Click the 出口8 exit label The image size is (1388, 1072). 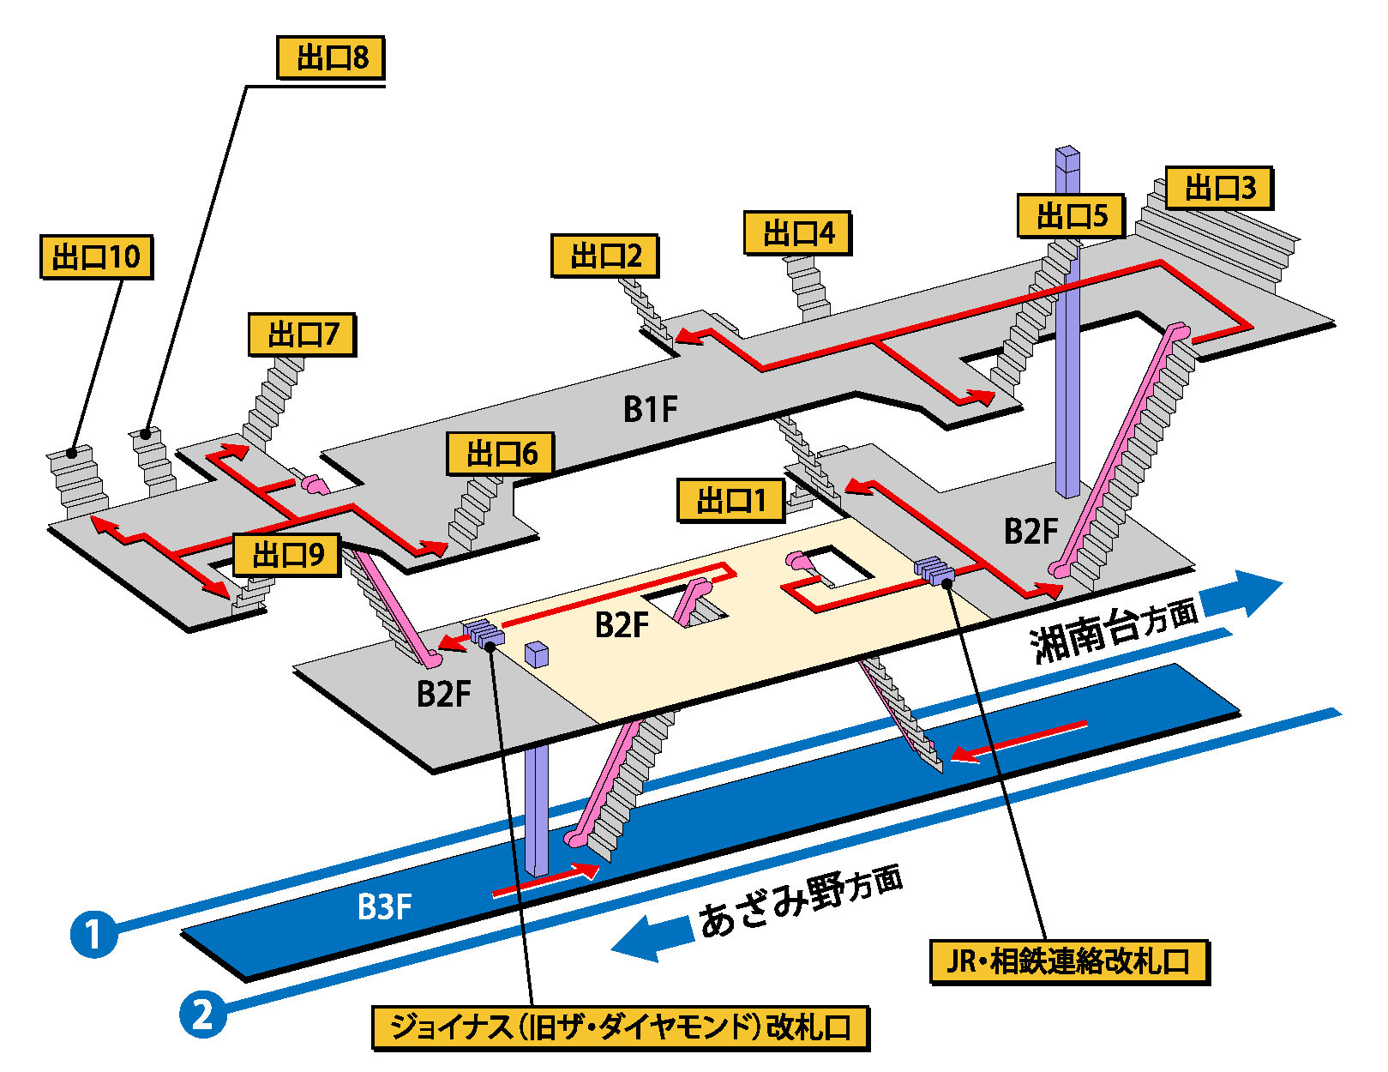coord(331,58)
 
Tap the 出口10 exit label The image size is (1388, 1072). coord(96,256)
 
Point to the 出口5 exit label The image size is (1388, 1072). coord(1071,215)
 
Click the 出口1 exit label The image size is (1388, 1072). coord(730,500)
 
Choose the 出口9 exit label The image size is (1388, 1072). coord(287,555)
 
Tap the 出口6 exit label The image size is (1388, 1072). coord(501,454)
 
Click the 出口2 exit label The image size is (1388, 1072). coord(604,256)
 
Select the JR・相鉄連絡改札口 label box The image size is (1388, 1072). coord(1069,961)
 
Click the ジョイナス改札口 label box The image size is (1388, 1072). coord(621,1027)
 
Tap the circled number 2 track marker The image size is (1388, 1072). coord(202,1015)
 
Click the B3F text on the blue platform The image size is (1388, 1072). coord(384,906)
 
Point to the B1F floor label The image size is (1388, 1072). coord(650,410)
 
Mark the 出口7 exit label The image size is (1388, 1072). coord(302,334)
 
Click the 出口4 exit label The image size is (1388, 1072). coord(797,232)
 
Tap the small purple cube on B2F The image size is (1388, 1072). coord(536,654)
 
